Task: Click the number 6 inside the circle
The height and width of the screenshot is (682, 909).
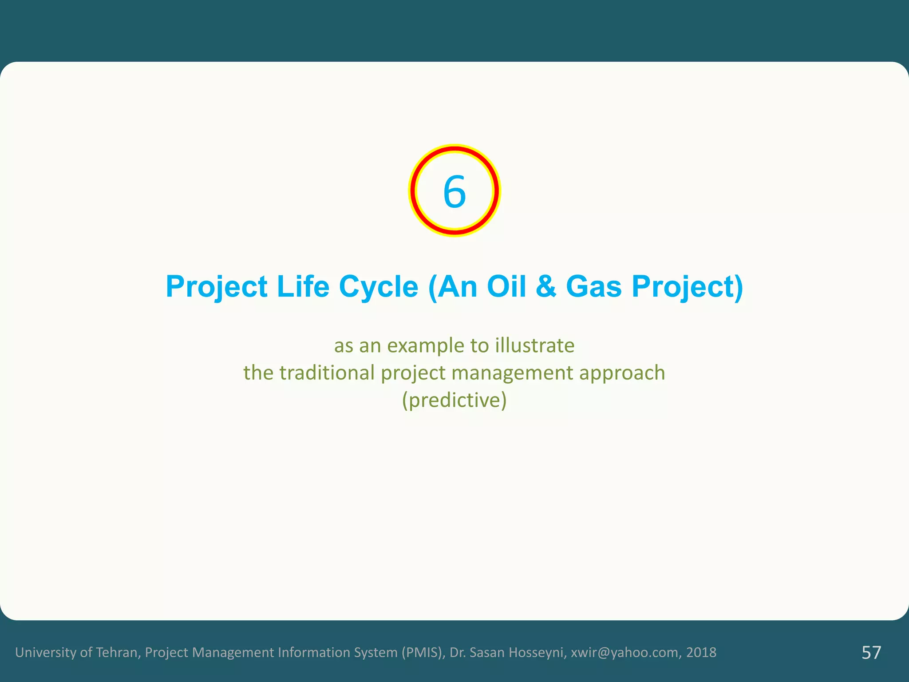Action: point(454,192)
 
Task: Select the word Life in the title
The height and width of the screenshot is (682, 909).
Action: point(303,286)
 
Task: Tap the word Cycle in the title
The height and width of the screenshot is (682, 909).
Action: point(379,286)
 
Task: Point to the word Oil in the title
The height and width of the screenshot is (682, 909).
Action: point(506,286)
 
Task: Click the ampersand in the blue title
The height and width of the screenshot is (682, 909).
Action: point(545,286)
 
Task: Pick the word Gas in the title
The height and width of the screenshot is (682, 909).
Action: point(594,286)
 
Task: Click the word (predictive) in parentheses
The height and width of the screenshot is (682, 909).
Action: point(454,400)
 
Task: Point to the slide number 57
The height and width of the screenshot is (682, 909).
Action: point(871,653)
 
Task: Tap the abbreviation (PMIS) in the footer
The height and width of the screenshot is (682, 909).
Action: point(423,652)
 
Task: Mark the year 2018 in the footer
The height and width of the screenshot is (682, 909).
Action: point(701,652)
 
